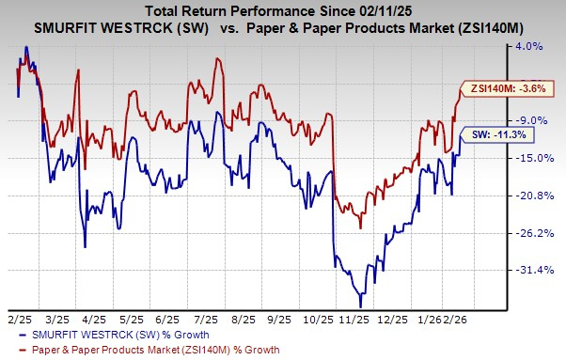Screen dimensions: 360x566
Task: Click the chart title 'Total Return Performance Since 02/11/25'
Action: [x=282, y=9]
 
